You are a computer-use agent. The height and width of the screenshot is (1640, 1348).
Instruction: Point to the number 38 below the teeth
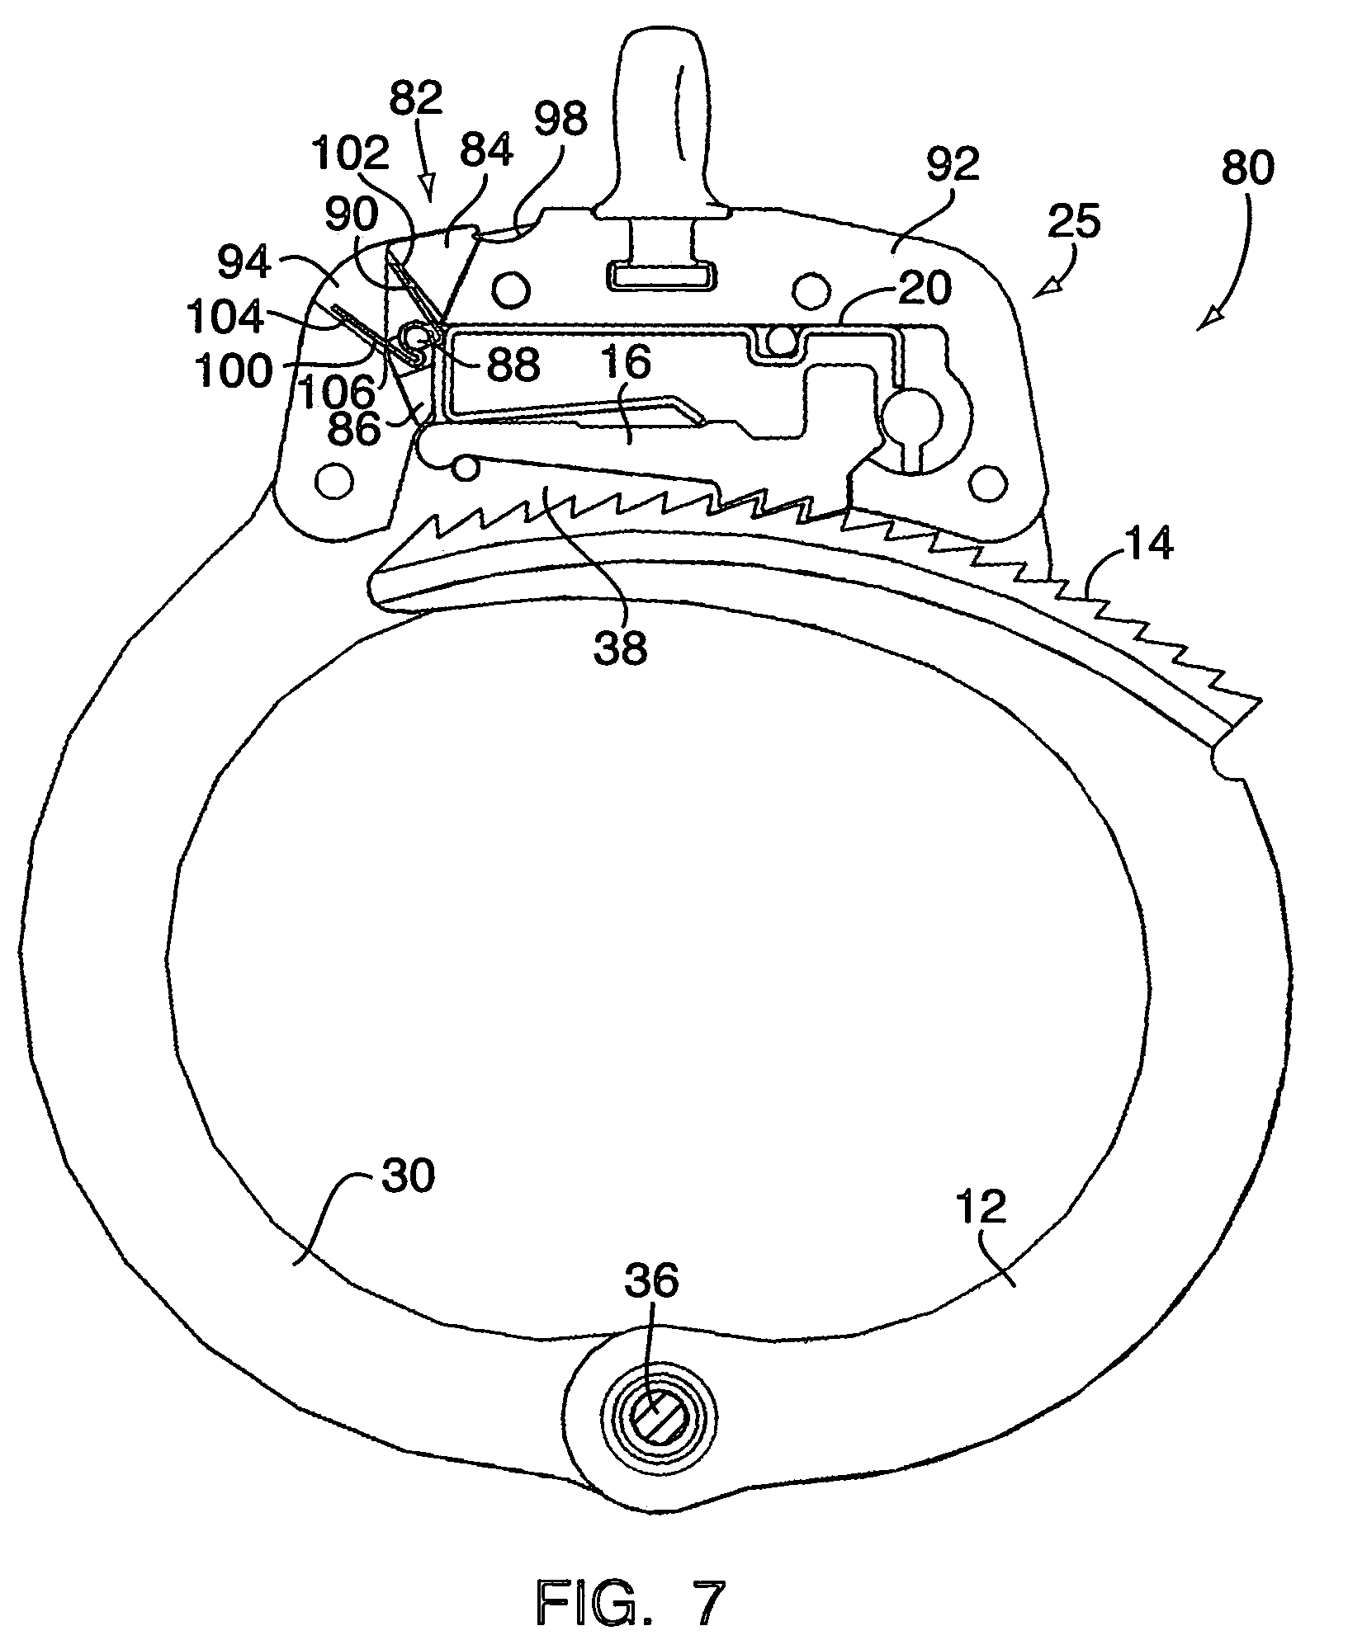(622, 648)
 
